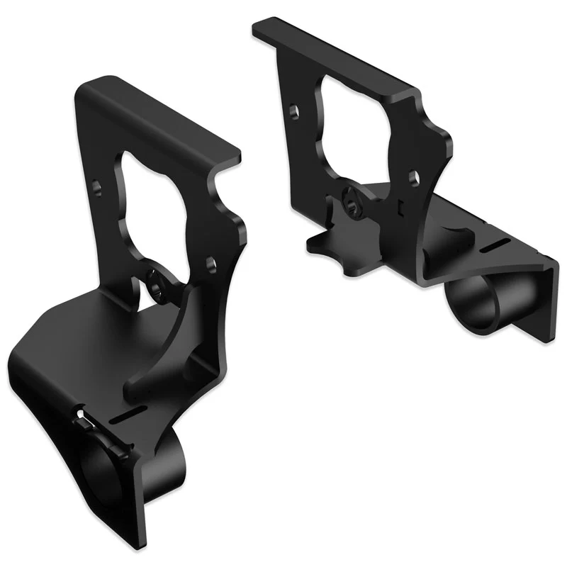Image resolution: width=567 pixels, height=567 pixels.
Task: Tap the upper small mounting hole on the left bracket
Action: [x=99, y=188]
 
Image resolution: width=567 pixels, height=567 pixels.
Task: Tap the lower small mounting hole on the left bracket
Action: [x=210, y=263]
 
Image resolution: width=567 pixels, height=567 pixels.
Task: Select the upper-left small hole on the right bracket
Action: [x=293, y=111]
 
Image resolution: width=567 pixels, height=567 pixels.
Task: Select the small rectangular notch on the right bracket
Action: [x=400, y=206]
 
